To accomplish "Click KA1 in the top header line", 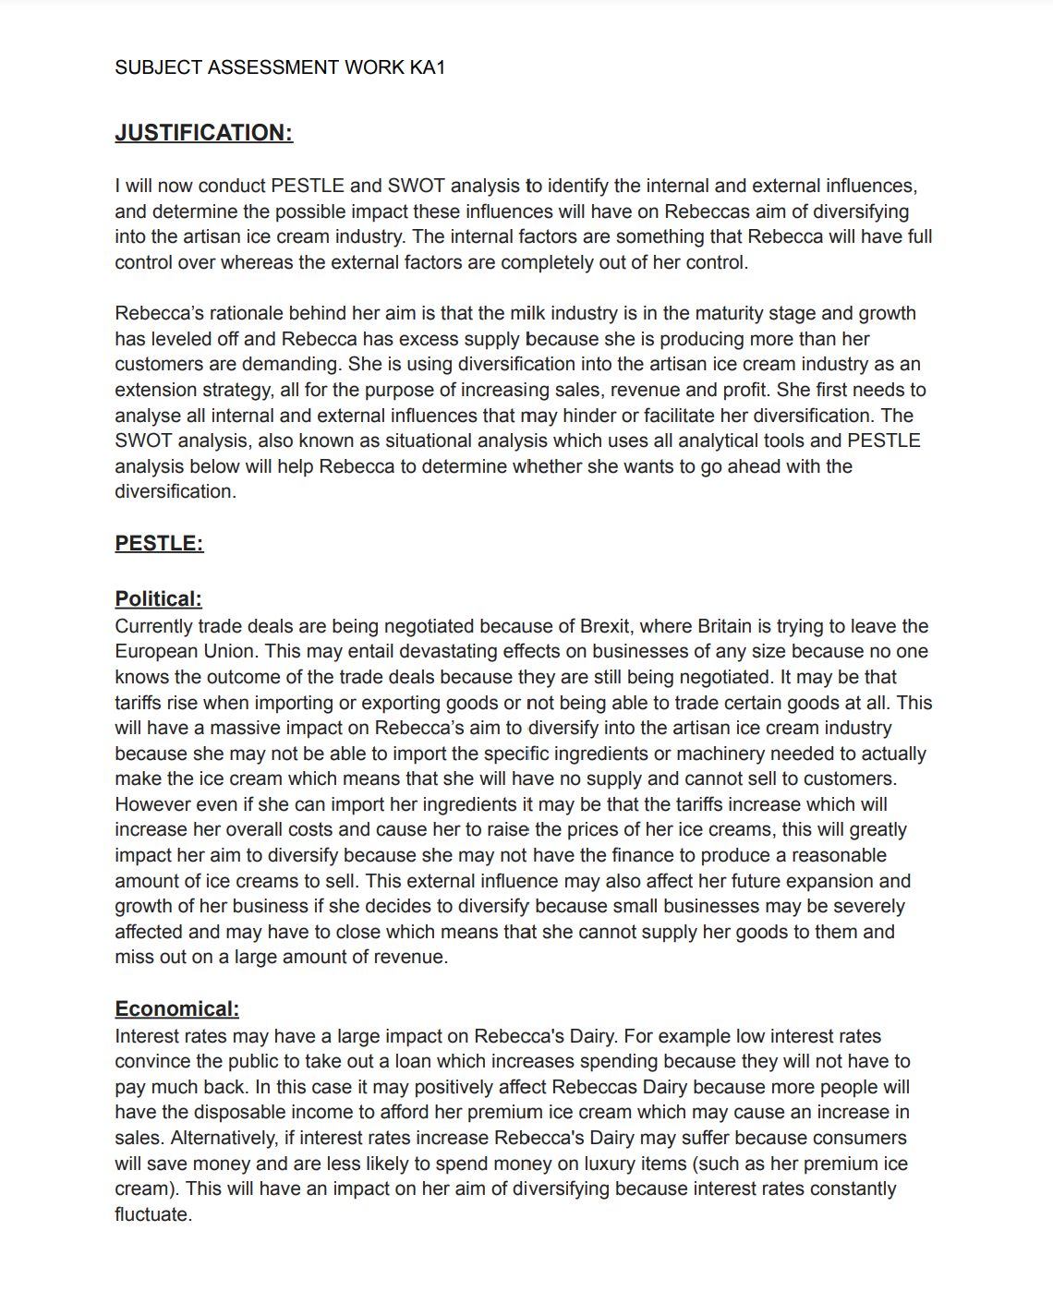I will (428, 67).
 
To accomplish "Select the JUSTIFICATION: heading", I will (203, 133).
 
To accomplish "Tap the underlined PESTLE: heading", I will (159, 543).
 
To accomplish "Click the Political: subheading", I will (158, 598).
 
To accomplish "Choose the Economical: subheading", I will (176, 1008).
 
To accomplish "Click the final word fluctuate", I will (152, 1214).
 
